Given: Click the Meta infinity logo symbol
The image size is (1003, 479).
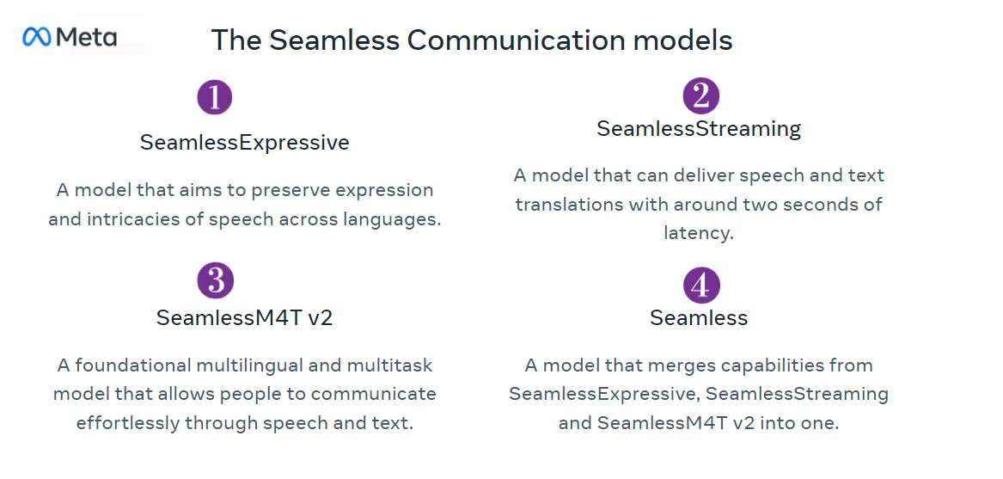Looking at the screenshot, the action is [36, 37].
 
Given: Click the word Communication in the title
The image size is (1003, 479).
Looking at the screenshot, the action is [516, 40].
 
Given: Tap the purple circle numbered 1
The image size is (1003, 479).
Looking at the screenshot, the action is [214, 97].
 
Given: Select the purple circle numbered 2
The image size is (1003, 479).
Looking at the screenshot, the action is [701, 95].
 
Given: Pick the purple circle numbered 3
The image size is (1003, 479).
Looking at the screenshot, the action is [216, 280].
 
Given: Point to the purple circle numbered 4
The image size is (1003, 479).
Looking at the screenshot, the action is [701, 285].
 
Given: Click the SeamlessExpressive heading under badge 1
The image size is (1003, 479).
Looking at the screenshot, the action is [244, 142].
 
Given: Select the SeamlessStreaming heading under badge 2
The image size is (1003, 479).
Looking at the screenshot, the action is [699, 129].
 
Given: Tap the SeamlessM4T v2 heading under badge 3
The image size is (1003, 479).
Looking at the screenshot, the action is [244, 317].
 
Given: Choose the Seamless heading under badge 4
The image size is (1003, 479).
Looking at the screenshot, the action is [699, 317].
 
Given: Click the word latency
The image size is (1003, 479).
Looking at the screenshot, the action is [698, 233].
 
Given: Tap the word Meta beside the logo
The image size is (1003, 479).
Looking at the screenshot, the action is [86, 38].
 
